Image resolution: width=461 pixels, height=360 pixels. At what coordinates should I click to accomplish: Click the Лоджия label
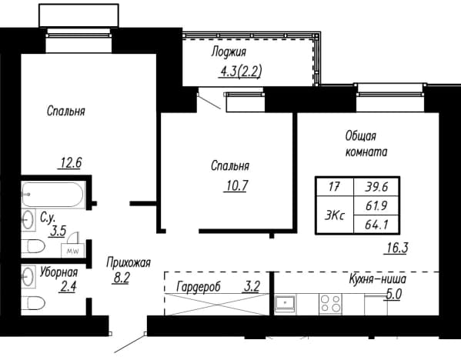[229, 52]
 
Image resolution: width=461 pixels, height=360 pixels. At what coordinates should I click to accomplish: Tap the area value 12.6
[71, 163]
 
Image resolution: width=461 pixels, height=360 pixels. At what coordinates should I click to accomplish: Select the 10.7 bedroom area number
[237, 185]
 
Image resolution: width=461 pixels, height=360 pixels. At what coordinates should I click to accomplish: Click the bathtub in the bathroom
[53, 195]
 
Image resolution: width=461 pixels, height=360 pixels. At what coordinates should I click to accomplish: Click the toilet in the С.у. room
[33, 246]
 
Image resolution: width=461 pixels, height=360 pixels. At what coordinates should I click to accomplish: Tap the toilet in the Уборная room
[33, 303]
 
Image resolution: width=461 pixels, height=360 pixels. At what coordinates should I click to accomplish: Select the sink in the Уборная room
[28, 277]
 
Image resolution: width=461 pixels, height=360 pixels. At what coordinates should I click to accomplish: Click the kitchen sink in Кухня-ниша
[286, 303]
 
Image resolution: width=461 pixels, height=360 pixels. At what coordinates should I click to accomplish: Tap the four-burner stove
[331, 304]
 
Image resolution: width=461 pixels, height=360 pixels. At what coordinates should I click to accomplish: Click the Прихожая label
[129, 263]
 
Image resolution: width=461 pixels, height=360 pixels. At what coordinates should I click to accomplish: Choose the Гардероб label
[199, 286]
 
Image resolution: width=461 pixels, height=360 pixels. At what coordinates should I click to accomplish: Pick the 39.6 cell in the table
[376, 187]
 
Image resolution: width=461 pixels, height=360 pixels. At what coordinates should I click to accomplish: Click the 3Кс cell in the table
[335, 215]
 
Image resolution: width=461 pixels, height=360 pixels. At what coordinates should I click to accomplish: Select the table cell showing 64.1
[376, 225]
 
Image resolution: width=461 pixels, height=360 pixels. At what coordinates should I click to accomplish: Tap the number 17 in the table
[335, 187]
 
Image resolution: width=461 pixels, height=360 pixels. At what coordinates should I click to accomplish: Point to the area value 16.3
[397, 248]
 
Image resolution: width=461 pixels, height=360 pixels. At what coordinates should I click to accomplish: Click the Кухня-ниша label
[378, 279]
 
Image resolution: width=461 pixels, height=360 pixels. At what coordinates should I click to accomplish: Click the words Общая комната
[366, 145]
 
